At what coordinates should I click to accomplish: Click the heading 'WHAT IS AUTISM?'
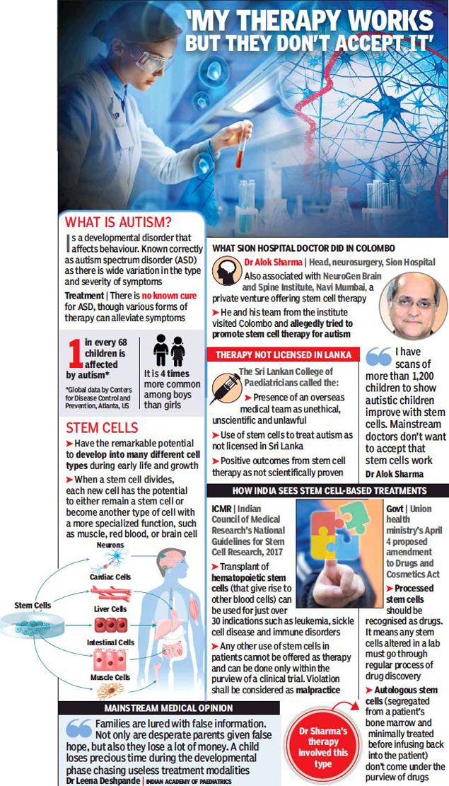coord(118,221)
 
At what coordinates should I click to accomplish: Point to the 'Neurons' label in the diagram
coord(110,545)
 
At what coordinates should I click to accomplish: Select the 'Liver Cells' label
coord(110,609)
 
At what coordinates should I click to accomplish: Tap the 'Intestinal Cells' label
coord(110,642)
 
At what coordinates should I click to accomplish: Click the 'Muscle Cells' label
coord(110,677)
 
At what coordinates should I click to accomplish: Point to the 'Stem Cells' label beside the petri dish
coord(33,606)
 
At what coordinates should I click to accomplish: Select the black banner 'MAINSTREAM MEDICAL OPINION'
coord(169,708)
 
